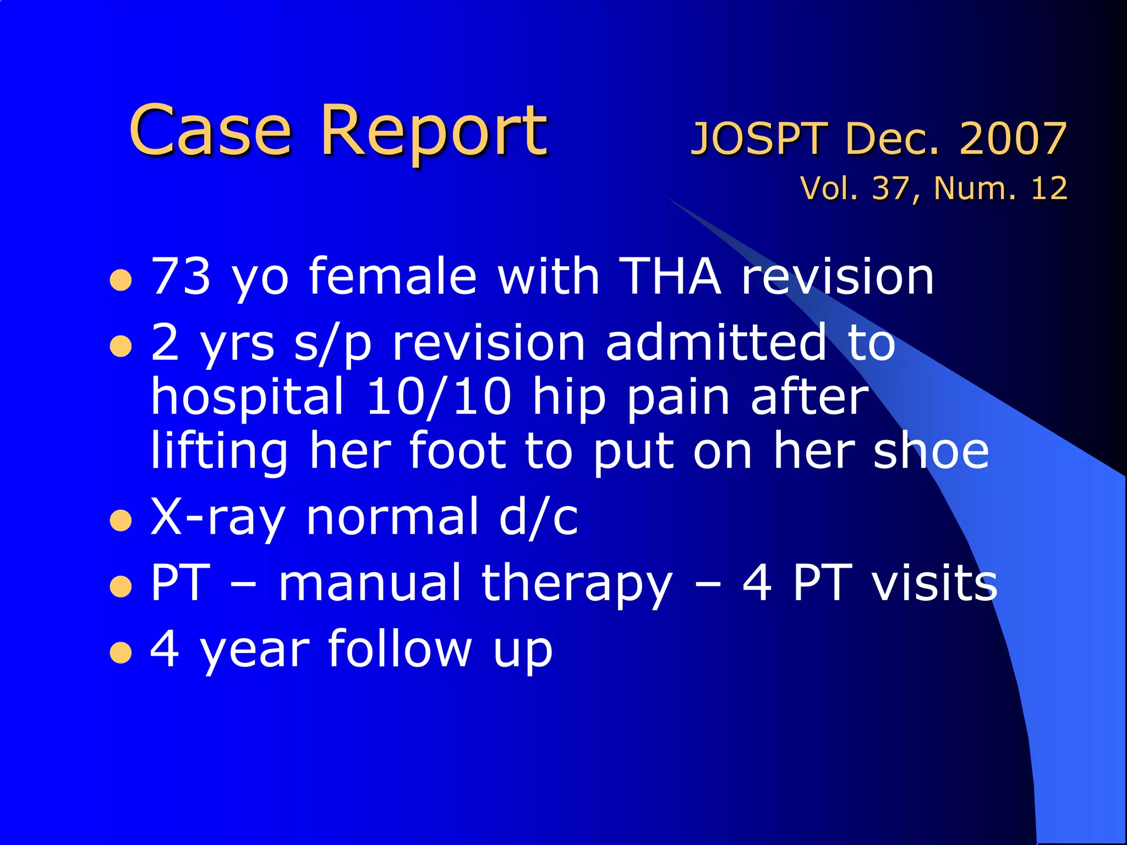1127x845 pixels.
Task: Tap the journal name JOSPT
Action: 759,139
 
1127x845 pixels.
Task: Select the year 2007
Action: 1013,139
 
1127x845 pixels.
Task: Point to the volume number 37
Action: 890,188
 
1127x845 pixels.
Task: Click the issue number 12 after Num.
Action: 1049,188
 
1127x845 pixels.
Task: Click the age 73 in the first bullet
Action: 181,276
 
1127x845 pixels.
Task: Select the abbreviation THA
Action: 670,276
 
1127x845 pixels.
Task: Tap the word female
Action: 392,276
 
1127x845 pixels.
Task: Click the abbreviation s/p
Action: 333,343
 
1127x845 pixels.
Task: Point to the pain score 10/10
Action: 439,397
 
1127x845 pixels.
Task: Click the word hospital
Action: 247,397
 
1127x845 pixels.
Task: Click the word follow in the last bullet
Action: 400,649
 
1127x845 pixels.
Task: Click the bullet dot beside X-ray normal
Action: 121,520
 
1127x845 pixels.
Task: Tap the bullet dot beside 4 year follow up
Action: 121,653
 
